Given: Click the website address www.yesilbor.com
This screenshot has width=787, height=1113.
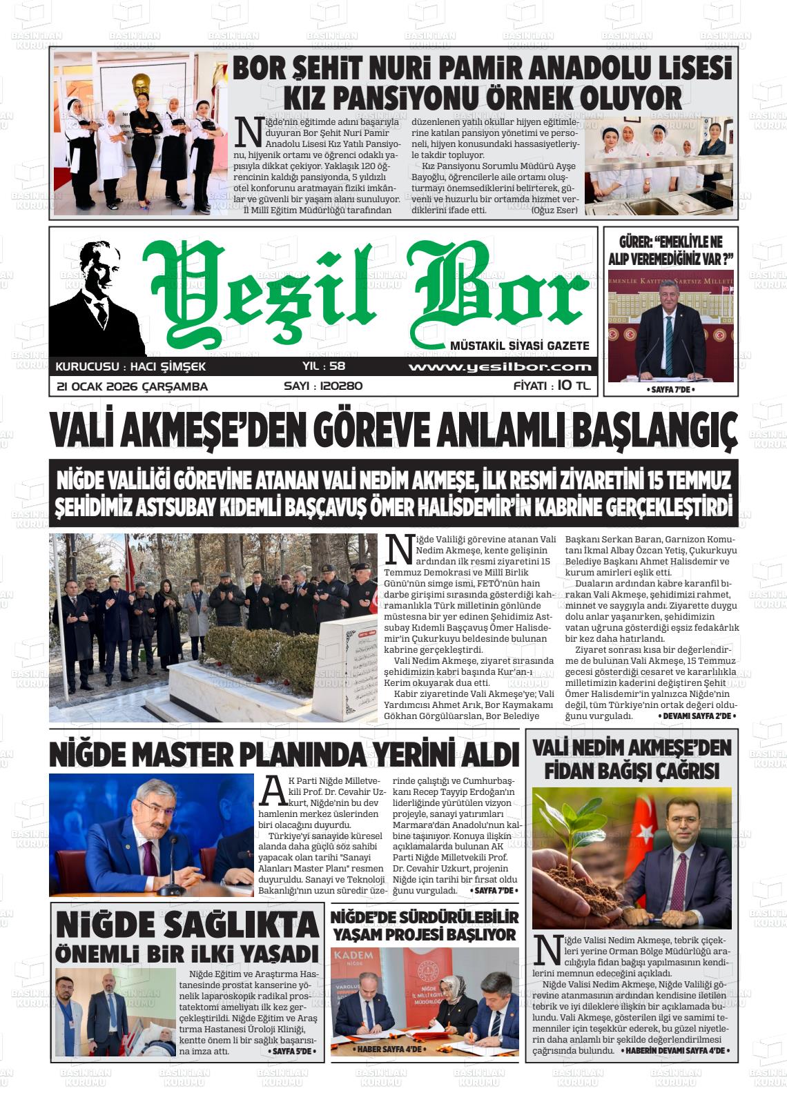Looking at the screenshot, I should (499, 367).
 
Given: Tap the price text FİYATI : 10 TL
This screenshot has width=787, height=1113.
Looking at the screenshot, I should (552, 386).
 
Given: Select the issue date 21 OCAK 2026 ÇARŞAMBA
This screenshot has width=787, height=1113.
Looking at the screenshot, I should (132, 386).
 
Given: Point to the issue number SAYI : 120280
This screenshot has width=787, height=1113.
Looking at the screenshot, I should (323, 386).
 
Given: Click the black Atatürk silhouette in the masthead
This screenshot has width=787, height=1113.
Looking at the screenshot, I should (97, 297).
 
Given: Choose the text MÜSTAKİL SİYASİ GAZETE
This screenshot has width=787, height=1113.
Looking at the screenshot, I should (519, 346).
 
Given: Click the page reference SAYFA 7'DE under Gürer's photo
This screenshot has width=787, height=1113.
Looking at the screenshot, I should (670, 390).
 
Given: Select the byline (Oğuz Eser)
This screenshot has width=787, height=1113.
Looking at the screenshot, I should (554, 210).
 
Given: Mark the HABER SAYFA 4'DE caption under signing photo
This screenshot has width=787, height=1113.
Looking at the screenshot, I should (389, 1050).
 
